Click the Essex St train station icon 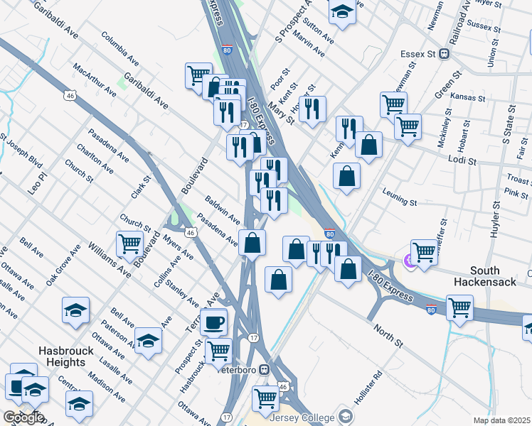[444, 53]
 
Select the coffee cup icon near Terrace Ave [213, 322]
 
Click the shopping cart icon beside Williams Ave [130, 244]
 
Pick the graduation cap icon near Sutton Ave [342, 11]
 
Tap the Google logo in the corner [23, 417]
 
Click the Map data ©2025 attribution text [502, 420]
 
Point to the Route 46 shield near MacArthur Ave [69, 95]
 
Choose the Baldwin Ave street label [223, 207]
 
